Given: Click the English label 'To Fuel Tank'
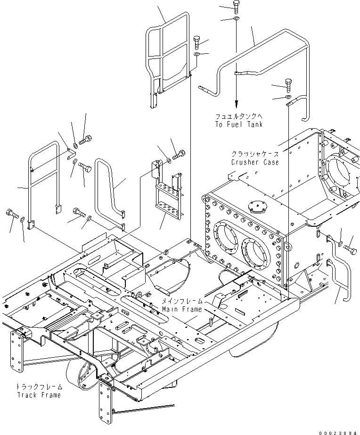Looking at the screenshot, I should [239, 124].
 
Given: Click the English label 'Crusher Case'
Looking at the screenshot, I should [255, 162].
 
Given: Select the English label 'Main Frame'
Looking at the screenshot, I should [182, 309].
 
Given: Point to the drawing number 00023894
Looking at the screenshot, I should [338, 430].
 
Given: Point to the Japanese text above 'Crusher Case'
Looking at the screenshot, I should [255, 154].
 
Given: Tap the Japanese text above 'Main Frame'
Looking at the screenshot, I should [183, 301].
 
